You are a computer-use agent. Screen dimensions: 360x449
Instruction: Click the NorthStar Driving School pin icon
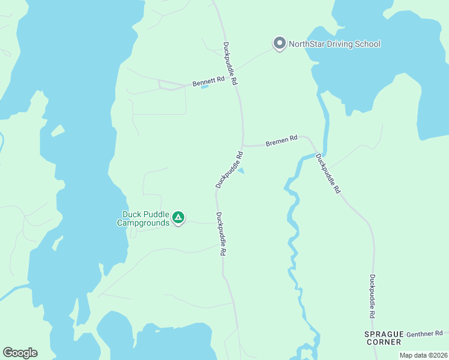click(279, 43)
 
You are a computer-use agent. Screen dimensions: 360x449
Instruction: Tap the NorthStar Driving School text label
click(334, 44)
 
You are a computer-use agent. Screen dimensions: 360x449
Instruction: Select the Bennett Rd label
click(208, 81)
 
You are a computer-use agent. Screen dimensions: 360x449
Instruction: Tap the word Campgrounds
click(142, 223)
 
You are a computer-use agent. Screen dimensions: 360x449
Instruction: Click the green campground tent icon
click(178, 218)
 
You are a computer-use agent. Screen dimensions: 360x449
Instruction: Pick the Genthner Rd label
click(424, 334)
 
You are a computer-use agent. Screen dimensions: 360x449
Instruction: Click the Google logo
click(20, 353)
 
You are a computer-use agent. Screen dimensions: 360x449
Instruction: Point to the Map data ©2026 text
click(423, 355)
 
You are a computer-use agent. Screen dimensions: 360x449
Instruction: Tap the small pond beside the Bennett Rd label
click(204, 88)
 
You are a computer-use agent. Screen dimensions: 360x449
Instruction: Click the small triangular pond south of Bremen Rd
click(241, 171)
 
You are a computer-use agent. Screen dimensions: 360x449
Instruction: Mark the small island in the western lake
click(58, 131)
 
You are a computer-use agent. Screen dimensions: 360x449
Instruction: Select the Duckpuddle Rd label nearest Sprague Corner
click(373, 296)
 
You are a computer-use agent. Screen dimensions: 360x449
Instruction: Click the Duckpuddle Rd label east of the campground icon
click(220, 235)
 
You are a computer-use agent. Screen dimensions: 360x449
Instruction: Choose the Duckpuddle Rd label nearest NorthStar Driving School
click(231, 62)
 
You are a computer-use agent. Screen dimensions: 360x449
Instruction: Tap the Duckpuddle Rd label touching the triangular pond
click(230, 170)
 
